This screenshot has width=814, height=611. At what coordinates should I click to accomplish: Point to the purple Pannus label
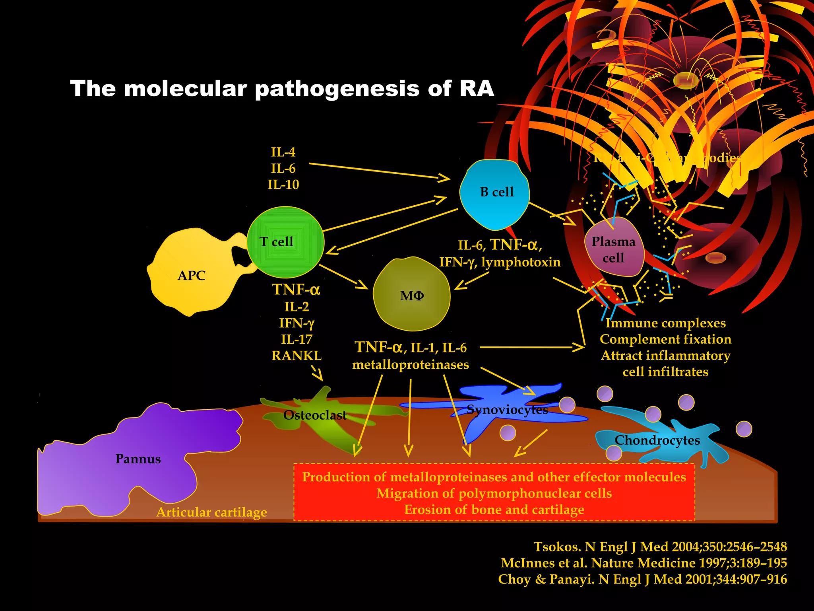138,459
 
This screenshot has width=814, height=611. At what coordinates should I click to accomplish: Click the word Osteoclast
315,415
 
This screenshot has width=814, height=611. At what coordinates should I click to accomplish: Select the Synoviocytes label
507,409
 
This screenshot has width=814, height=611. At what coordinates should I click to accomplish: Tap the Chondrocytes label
657,440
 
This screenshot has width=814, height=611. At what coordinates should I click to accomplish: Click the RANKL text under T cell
297,355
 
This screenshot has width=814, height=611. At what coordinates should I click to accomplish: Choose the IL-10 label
283,185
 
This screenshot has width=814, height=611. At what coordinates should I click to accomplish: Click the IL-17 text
297,339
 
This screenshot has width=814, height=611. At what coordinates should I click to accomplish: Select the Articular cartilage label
211,512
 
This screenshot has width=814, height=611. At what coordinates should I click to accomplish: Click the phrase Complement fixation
665,339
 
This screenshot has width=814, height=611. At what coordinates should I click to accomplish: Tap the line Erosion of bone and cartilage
494,509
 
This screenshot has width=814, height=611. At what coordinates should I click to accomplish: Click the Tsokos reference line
660,547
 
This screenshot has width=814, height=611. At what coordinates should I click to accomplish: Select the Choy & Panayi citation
642,579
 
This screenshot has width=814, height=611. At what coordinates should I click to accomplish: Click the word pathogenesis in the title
337,88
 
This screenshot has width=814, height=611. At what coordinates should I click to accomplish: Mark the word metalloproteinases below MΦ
411,364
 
